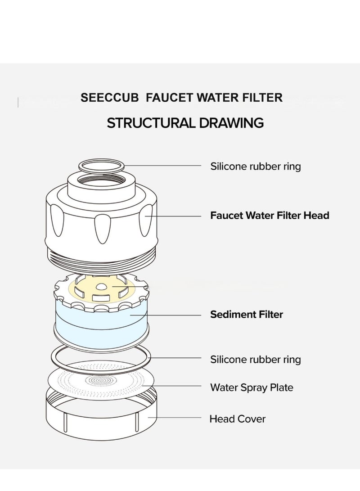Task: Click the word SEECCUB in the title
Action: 109,98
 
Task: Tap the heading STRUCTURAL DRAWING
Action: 185,123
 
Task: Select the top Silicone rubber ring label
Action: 256,166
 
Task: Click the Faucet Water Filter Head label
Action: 270,216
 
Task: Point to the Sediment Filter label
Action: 246,315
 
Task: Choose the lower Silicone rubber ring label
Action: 256,360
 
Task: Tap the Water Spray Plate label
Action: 252,387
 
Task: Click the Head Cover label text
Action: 237,419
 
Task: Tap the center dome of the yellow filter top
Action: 101,286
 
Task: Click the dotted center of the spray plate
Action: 101,380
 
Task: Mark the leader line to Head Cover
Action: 174,417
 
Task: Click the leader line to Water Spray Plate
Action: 171,386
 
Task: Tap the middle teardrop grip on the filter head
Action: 102,229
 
